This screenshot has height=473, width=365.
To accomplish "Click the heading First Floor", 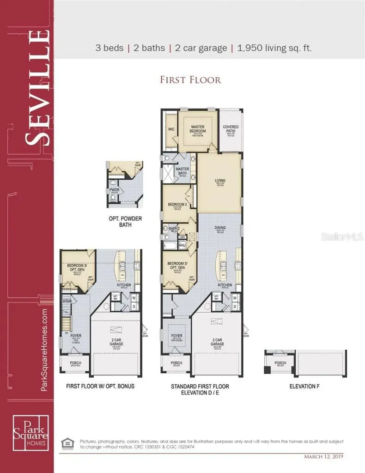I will [x=190, y=80].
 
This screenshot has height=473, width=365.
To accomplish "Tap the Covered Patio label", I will [x=230, y=129].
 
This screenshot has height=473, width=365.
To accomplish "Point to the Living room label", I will [x=220, y=181].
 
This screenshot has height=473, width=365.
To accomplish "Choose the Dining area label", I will [x=219, y=228].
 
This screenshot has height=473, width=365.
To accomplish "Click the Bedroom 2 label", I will [x=176, y=205].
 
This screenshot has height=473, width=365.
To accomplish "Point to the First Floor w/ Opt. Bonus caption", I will [x=100, y=386].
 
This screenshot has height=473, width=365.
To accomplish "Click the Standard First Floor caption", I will [x=200, y=386].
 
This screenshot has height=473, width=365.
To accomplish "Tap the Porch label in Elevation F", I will [x=280, y=363].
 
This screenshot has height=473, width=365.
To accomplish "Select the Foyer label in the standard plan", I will [x=176, y=336].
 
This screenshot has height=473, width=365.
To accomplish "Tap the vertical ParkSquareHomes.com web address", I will [x=45, y=351].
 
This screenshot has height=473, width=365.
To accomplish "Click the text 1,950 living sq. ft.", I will [x=275, y=48].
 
